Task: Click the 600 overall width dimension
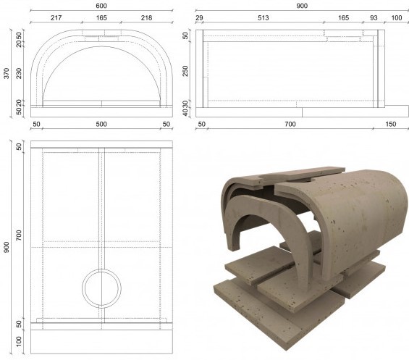click(101, 6)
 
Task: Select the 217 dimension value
click(56, 18)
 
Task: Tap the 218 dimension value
click(147, 18)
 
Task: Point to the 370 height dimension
click(7, 73)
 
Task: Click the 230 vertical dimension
click(19, 73)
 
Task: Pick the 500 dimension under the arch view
click(101, 124)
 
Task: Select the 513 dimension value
click(263, 18)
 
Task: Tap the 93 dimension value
click(374, 18)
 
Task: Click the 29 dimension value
click(199, 18)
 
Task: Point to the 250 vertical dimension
click(185, 71)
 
